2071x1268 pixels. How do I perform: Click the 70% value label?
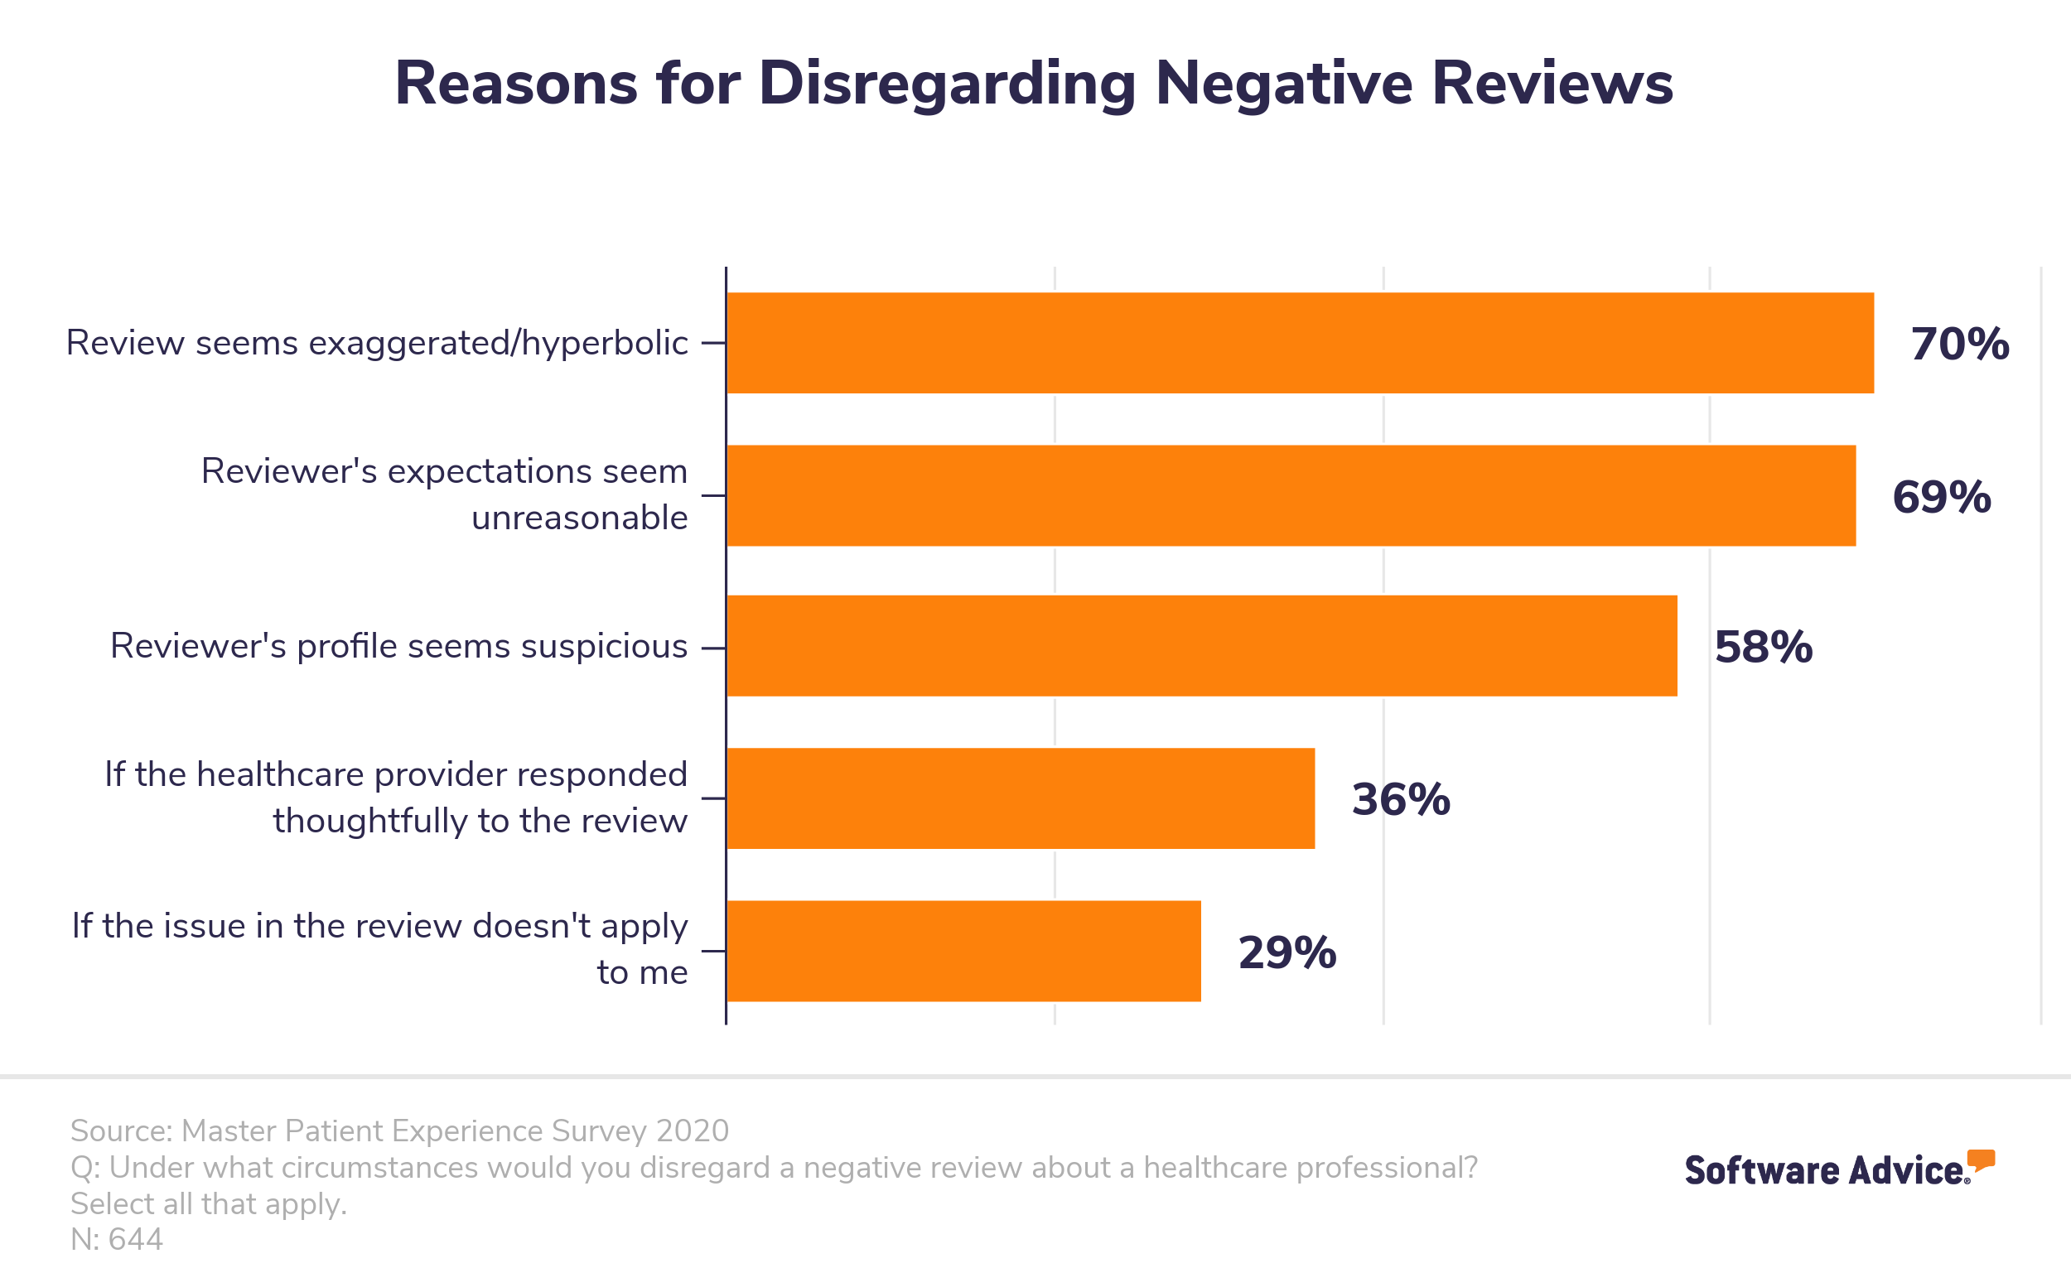[1959, 345]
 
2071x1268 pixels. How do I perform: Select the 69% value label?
[1941, 498]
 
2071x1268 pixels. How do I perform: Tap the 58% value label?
[1763, 648]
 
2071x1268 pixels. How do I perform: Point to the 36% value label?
[1400, 800]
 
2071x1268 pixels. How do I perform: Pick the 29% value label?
[1287, 954]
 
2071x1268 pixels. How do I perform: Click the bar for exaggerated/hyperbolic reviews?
[1300, 343]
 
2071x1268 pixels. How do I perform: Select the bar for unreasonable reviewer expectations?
[1290, 496]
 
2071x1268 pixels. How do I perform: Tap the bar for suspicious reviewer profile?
[1201, 646]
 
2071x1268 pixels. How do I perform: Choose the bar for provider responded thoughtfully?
[1020, 798]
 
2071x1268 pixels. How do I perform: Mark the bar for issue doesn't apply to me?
[963, 952]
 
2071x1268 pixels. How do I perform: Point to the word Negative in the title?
[1283, 84]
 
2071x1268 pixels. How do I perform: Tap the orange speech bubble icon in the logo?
[1981, 1160]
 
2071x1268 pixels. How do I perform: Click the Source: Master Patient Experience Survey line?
[399, 1131]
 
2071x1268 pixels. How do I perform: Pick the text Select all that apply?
[209, 1204]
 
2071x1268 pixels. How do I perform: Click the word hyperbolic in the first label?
[603, 344]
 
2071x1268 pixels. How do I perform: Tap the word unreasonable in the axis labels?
[579, 518]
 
